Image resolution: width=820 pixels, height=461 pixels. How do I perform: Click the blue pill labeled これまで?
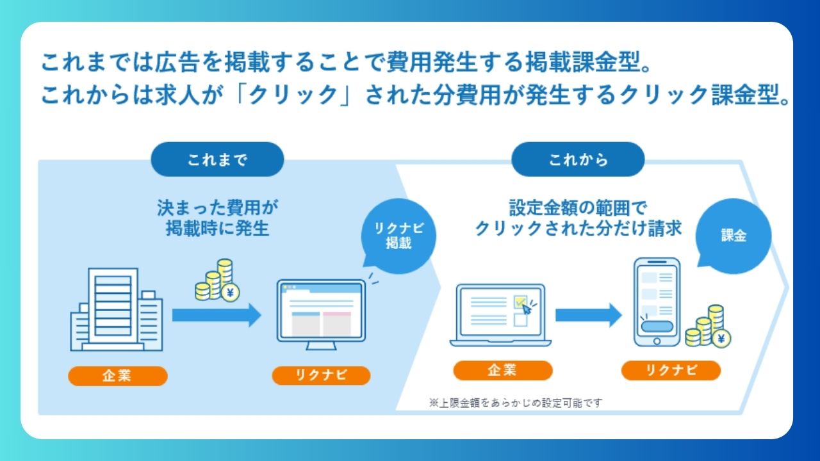click(217, 159)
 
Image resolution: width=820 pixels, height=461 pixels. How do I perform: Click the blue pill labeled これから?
click(578, 159)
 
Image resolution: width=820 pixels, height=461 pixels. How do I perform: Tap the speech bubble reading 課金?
click(734, 236)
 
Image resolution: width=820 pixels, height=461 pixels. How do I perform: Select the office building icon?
click(115, 310)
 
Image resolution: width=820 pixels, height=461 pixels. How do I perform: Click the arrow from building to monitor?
click(217, 314)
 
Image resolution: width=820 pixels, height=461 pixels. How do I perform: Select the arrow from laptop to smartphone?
click(588, 314)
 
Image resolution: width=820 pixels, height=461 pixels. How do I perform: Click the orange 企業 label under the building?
click(117, 376)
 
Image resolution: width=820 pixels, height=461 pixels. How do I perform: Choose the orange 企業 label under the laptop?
click(502, 370)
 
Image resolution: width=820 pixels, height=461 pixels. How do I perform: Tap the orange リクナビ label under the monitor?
click(321, 376)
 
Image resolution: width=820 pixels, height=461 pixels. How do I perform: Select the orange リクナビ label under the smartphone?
click(671, 370)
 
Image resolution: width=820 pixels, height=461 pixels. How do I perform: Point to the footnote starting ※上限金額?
click(516, 403)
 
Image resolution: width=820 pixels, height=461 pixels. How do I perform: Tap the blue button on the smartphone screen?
click(657, 326)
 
